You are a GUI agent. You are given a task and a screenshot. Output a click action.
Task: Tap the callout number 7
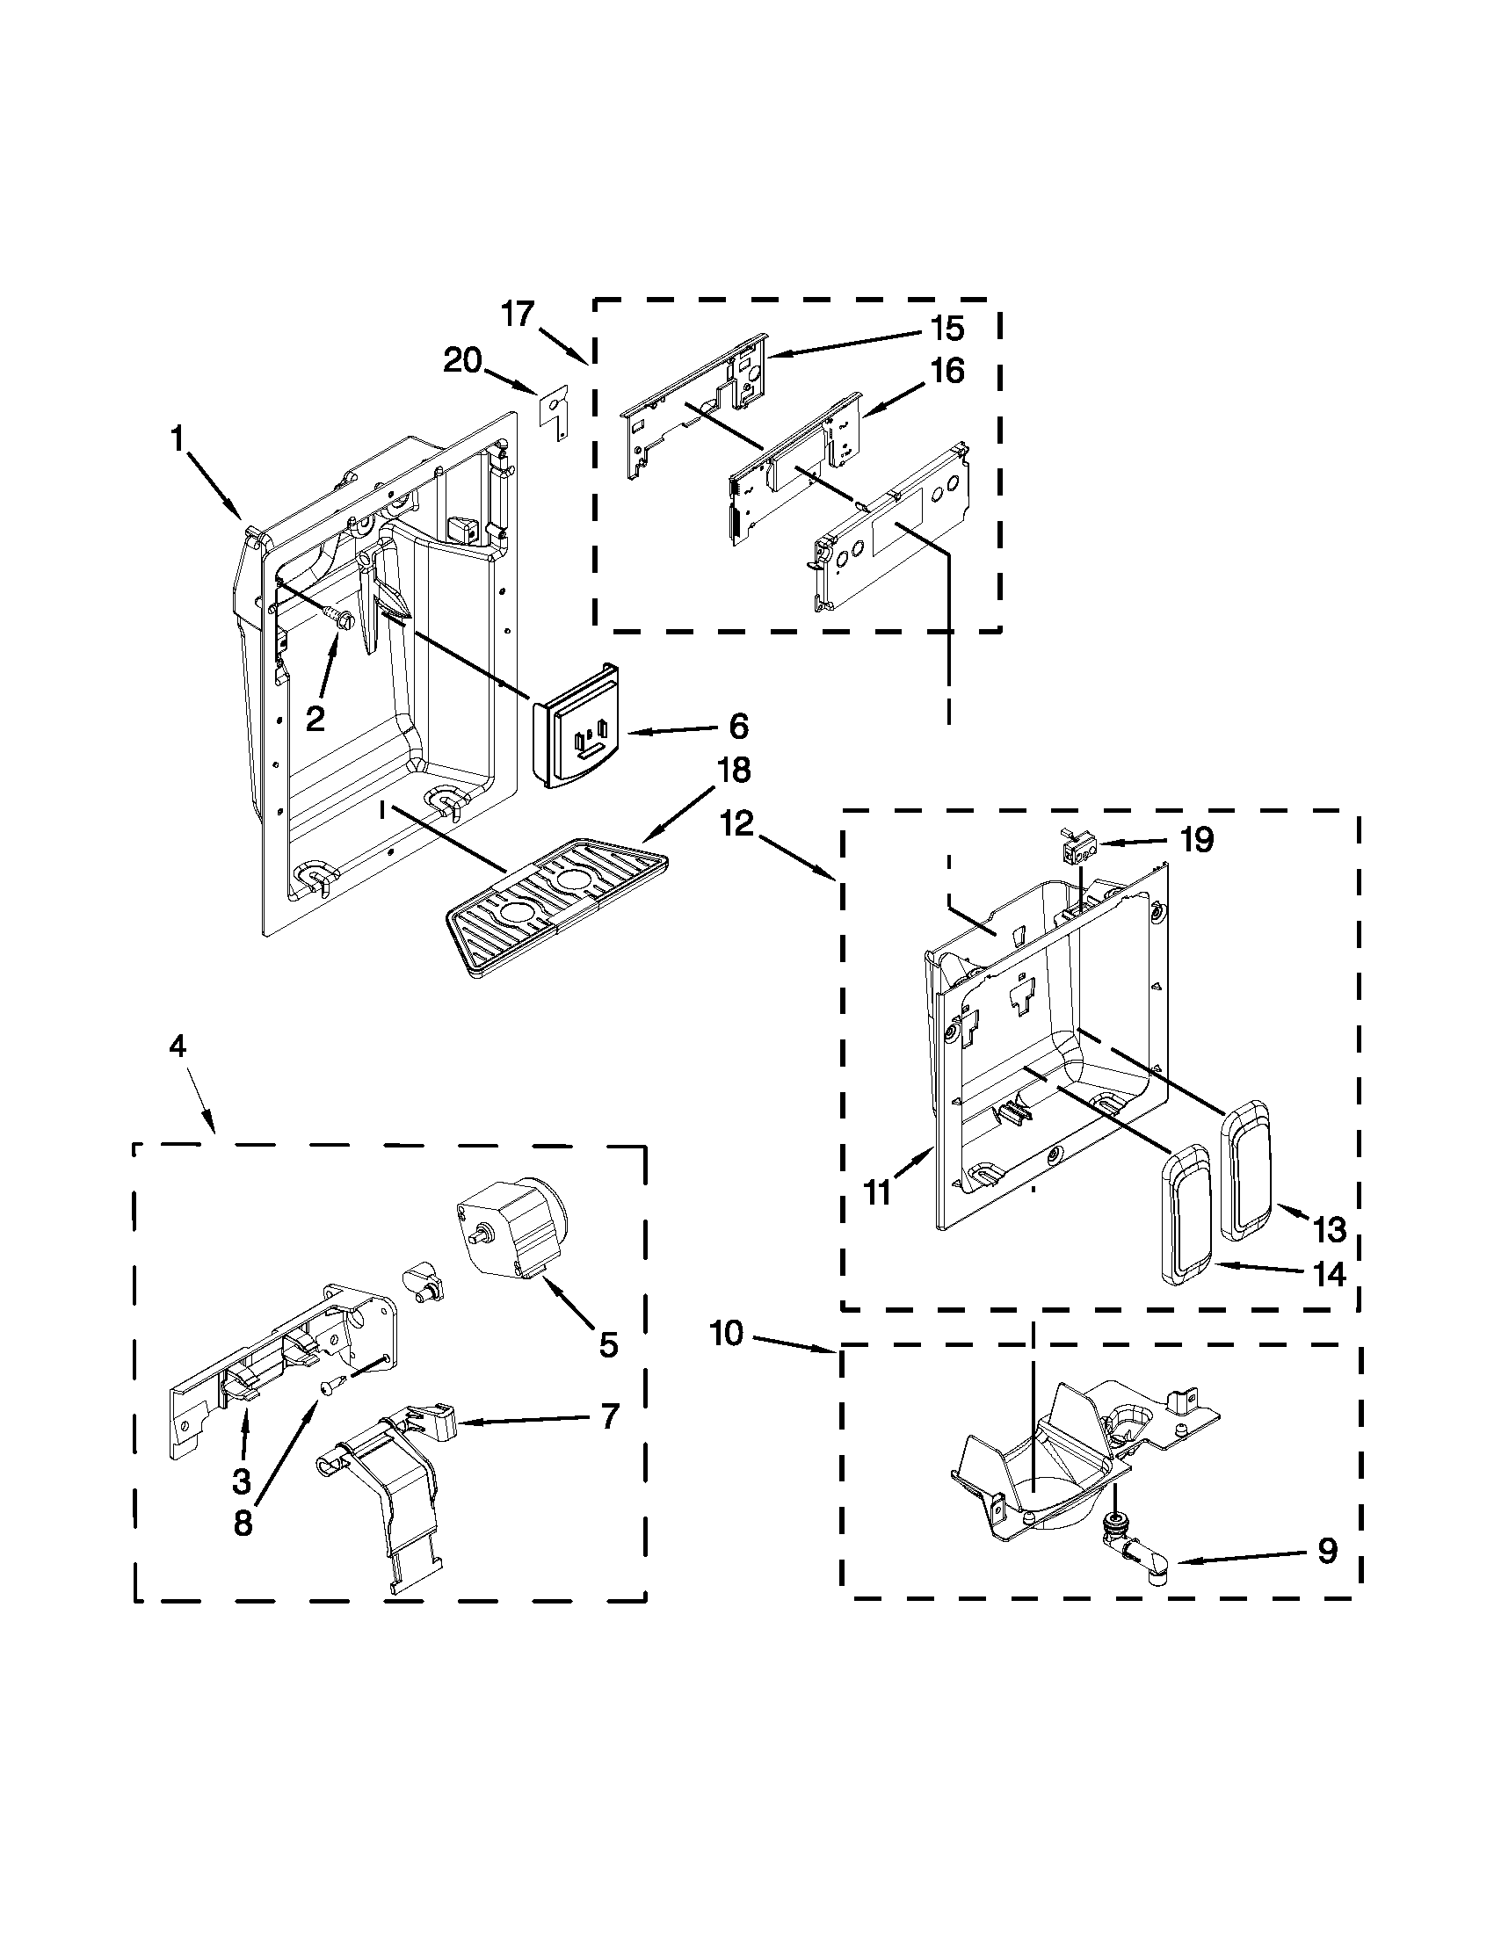608,1417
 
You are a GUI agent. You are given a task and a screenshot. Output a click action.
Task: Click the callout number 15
946,329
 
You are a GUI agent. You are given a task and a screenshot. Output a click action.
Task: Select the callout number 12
736,824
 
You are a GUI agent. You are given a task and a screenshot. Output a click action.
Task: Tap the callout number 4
178,1046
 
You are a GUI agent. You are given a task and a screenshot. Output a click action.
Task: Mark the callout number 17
519,314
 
